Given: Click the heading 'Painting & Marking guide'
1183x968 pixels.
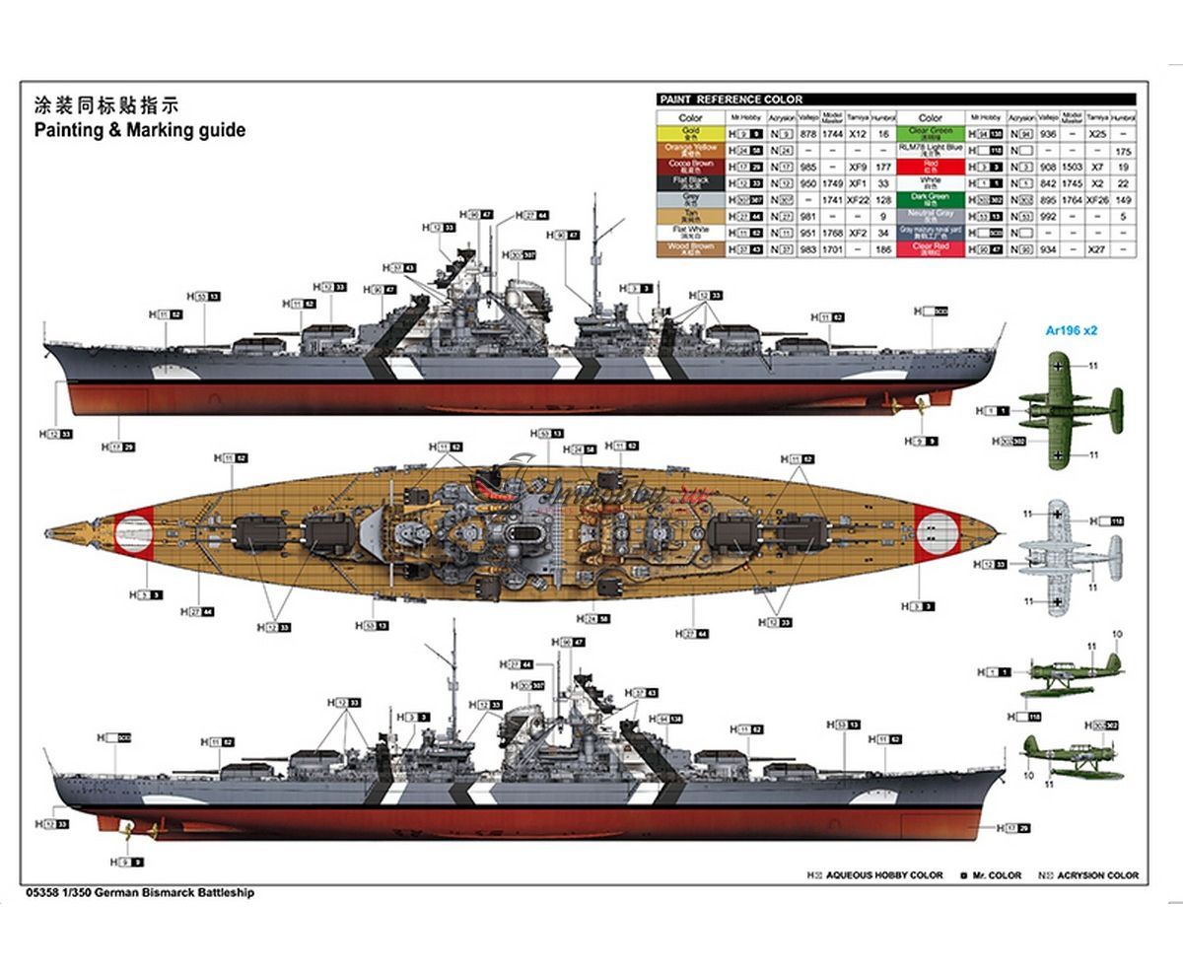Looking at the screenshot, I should coord(140,130).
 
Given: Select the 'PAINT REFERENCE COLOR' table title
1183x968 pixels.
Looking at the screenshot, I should coord(731,100).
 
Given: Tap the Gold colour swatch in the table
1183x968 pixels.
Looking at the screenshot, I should coord(690,132).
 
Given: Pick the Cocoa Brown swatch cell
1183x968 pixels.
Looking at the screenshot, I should coord(690,166).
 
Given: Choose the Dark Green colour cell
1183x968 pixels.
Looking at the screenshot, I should coord(931,198).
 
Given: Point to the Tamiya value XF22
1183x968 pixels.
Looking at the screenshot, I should coord(858,199).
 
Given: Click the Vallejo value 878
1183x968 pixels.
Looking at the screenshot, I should coord(808,133).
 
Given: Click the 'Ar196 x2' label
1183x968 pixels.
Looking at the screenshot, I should coord(1072,330).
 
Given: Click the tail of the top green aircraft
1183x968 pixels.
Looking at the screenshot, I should coord(1114,410).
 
